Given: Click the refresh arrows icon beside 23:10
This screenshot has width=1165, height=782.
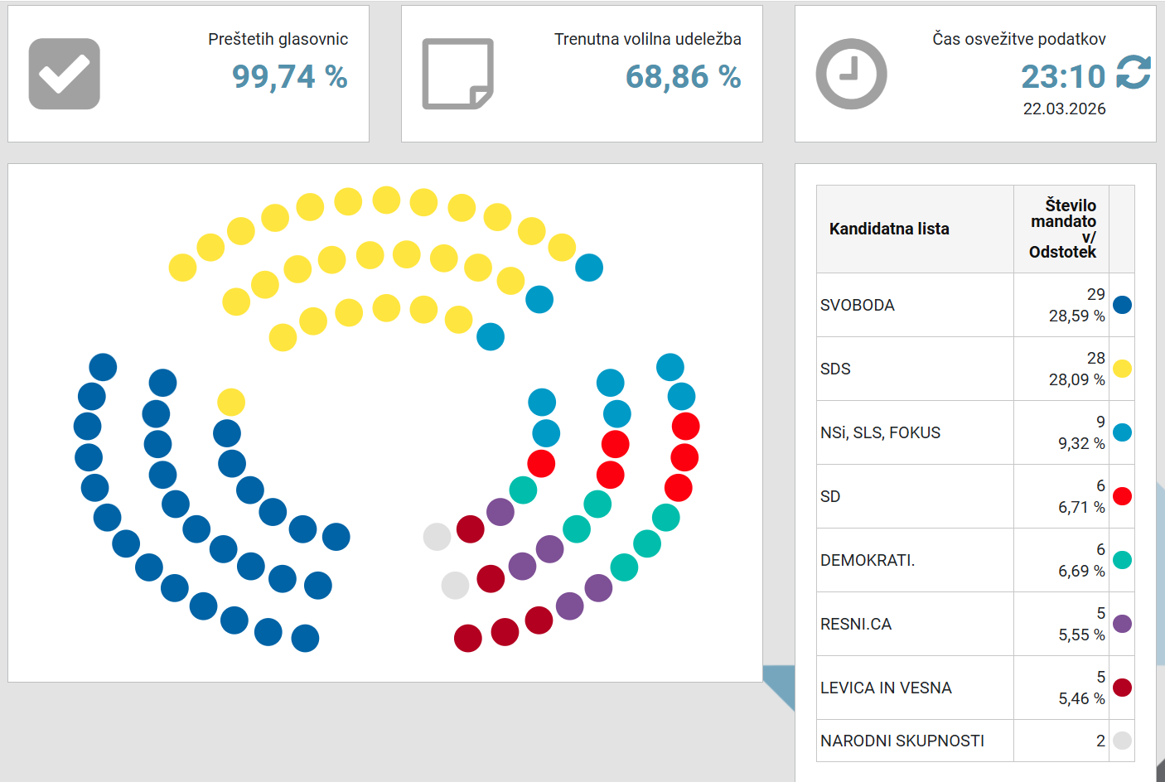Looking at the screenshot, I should pyautogui.click(x=1133, y=73).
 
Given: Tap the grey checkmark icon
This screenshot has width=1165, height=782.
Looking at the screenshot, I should pyautogui.click(x=65, y=74).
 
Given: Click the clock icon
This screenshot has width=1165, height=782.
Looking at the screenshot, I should pyautogui.click(x=851, y=74).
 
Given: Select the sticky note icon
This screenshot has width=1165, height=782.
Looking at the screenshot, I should pyautogui.click(x=457, y=74).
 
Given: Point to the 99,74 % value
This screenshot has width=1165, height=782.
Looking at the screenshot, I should pyautogui.click(x=289, y=77).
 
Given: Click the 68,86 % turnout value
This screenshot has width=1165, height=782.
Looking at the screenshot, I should pyautogui.click(x=683, y=77).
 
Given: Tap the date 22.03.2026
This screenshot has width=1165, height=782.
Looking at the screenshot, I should pyautogui.click(x=1064, y=109).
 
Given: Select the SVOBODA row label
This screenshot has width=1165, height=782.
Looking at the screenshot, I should pyautogui.click(x=858, y=305).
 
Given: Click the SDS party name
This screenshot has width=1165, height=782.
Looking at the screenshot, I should pyautogui.click(x=835, y=369).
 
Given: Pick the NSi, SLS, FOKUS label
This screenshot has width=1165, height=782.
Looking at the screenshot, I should pyautogui.click(x=880, y=432).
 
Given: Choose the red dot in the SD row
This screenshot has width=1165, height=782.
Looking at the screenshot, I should pyautogui.click(x=1122, y=496).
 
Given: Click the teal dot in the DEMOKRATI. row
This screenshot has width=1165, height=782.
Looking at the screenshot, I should pyautogui.click(x=1122, y=560).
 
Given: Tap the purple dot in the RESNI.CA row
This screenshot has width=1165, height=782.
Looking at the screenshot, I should pyautogui.click(x=1122, y=624).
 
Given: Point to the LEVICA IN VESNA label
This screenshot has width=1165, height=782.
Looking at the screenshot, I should pyautogui.click(x=886, y=688).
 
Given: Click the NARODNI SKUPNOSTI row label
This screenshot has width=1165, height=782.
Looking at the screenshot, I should pyautogui.click(x=902, y=741).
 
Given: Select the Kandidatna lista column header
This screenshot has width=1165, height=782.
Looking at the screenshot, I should pyautogui.click(x=889, y=229).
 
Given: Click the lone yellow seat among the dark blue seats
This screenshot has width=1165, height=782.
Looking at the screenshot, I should pyautogui.click(x=231, y=402).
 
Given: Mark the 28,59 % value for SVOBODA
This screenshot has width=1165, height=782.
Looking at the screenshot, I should pyautogui.click(x=1076, y=316).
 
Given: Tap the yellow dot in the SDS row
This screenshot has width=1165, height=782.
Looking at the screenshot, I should pyautogui.click(x=1122, y=369).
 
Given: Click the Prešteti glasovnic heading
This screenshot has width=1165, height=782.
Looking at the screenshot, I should pyautogui.click(x=278, y=39).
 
